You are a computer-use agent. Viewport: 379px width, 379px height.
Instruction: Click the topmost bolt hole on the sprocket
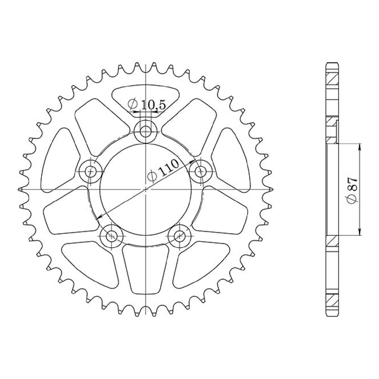point(145,131)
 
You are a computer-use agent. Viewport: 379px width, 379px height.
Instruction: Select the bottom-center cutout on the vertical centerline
point(145,268)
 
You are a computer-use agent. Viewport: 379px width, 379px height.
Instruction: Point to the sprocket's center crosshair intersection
point(146,189)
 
